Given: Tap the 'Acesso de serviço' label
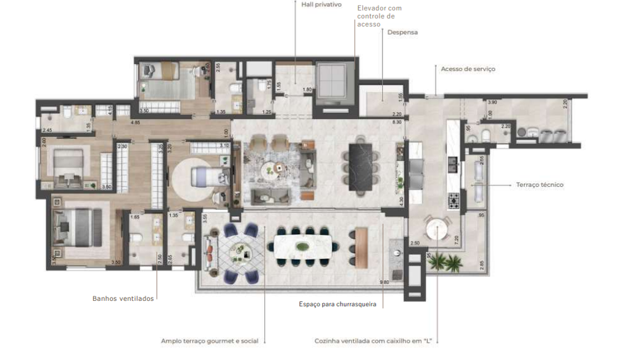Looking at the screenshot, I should pyautogui.click(x=468, y=69).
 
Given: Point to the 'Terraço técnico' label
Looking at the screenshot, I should pyautogui.click(x=539, y=185).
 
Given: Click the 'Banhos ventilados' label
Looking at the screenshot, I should pyautogui.click(x=123, y=298).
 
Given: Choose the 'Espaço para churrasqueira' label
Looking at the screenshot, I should pyautogui.click(x=337, y=304).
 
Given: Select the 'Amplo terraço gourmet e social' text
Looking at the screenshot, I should pyautogui.click(x=210, y=340).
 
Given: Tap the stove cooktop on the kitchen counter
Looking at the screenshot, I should pyautogui.click(x=453, y=199).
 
